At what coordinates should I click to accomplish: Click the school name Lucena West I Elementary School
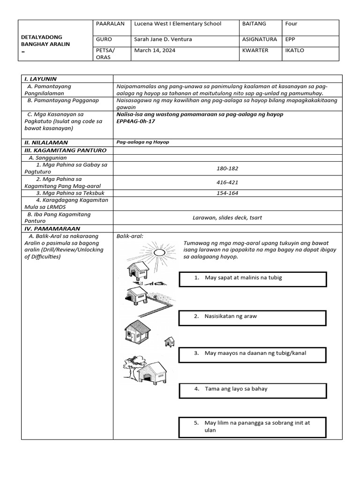click(x=178, y=24)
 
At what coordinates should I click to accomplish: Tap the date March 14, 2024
click(x=155, y=51)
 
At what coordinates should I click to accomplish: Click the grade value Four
click(x=291, y=24)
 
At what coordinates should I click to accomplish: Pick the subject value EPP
click(x=291, y=39)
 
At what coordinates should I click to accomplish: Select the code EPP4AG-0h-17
click(x=135, y=121)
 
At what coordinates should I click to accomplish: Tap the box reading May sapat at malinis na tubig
click(x=253, y=279)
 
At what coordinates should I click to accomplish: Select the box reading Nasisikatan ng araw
click(x=253, y=317)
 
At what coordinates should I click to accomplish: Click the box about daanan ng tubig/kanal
click(x=253, y=354)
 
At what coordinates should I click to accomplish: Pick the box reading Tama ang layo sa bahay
click(x=253, y=390)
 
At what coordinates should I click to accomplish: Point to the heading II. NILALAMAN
click(x=46, y=142)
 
